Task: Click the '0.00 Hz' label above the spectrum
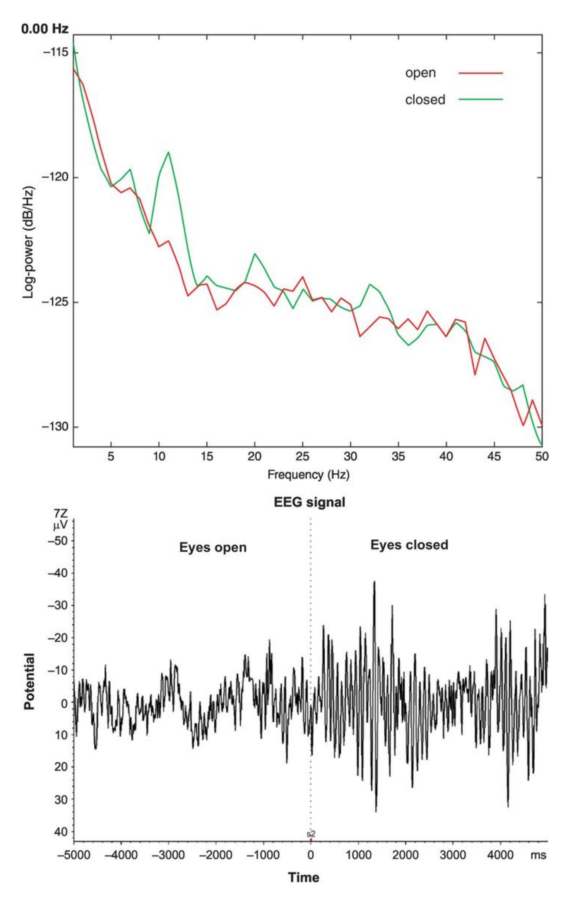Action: click(x=45, y=29)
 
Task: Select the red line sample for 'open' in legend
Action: click(x=480, y=73)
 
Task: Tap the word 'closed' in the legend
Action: click(x=425, y=100)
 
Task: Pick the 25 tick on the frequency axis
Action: click(x=303, y=457)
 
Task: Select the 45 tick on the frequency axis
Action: click(x=494, y=457)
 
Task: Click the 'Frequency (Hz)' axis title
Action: click(x=308, y=474)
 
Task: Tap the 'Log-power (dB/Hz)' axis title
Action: click(x=29, y=242)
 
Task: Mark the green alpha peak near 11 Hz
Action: click(x=168, y=152)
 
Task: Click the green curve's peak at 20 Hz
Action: click(x=255, y=253)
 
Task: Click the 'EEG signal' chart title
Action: click(x=309, y=502)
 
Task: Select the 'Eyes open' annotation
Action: click(x=213, y=547)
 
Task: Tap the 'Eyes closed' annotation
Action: click(x=409, y=545)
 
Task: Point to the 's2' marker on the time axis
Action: click(x=311, y=833)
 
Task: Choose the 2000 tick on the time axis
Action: click(x=406, y=855)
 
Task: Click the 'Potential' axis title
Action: click(x=30, y=681)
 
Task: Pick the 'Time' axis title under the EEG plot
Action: click(x=303, y=877)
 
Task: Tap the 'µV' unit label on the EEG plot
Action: click(x=60, y=526)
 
